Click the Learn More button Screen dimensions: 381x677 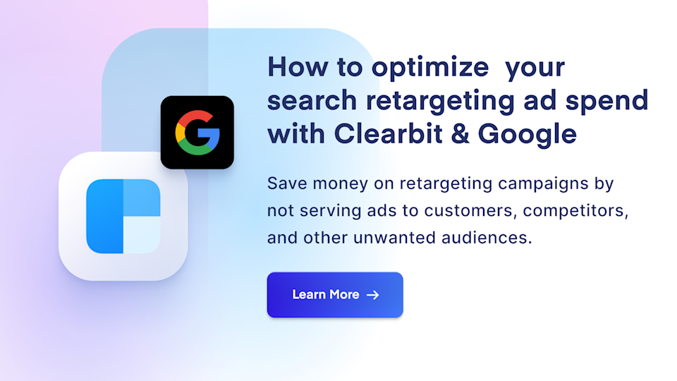click(x=334, y=295)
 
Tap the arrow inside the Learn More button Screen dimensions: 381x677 click(x=373, y=295)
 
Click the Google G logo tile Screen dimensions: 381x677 click(x=197, y=133)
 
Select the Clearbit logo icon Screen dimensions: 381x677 click(x=123, y=217)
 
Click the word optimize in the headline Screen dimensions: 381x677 click(x=430, y=68)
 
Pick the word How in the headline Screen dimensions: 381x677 click(x=295, y=68)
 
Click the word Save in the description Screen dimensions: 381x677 click(x=286, y=184)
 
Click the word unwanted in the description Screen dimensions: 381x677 click(x=394, y=238)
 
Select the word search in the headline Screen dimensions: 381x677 click(x=312, y=100)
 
